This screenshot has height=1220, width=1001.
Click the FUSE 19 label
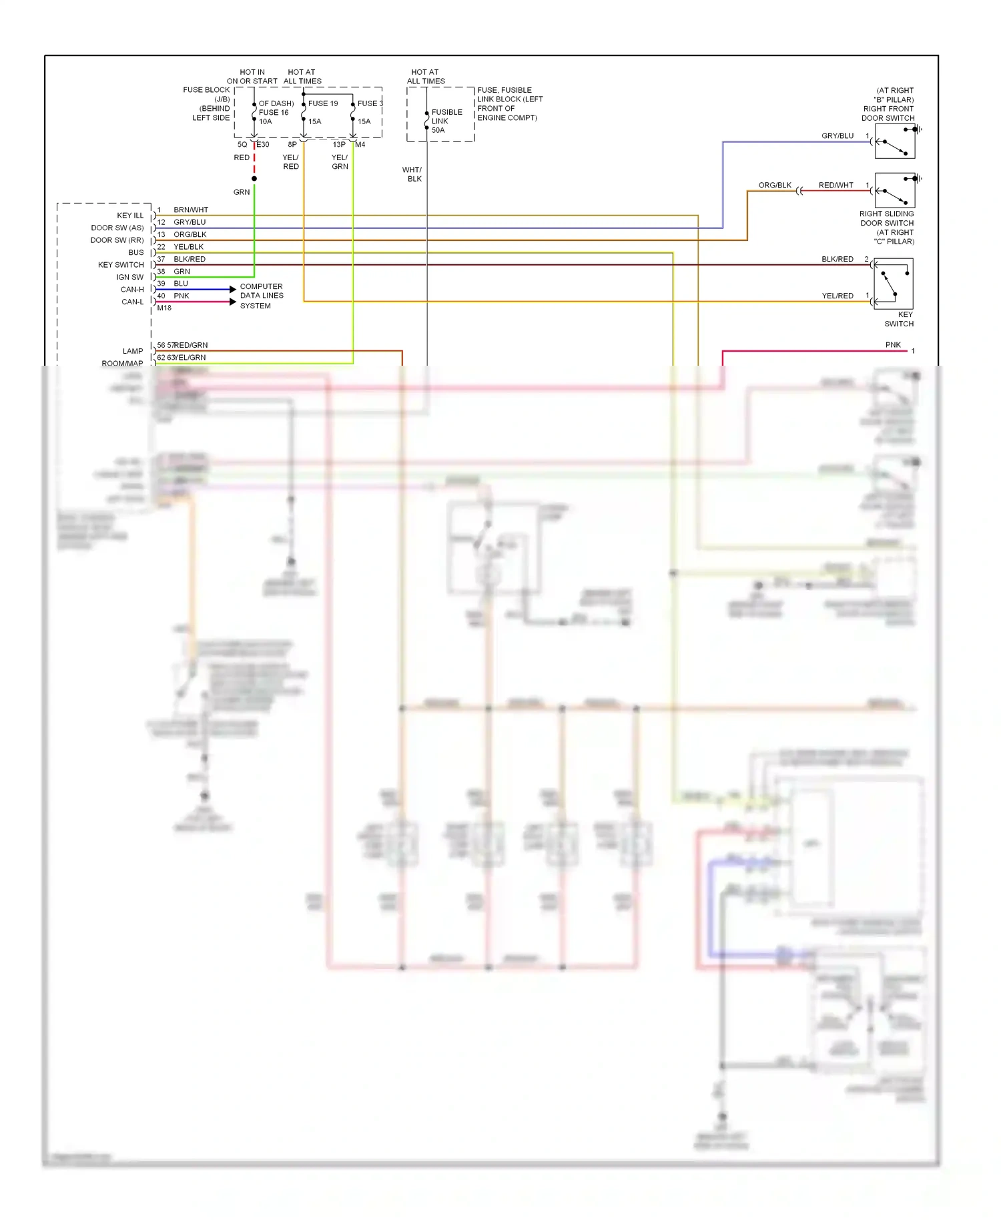click(323, 103)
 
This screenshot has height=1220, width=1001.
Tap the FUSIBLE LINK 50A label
click(446, 121)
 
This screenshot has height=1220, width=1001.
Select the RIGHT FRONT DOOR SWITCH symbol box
click(894, 141)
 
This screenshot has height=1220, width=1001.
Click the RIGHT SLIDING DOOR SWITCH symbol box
click(894, 190)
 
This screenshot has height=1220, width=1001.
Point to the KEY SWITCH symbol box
click(893, 284)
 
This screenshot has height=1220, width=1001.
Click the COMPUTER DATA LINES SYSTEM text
click(262, 296)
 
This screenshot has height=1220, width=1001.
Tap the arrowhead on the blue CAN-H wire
click(232, 289)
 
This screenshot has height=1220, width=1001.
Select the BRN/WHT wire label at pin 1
click(191, 210)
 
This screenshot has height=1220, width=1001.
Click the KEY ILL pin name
click(130, 216)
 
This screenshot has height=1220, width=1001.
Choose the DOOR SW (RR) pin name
click(117, 240)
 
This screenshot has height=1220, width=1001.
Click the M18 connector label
click(164, 308)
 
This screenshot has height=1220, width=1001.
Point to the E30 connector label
click(263, 144)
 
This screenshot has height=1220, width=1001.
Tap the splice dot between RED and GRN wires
click(254, 179)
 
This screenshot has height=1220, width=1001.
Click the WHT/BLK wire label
click(412, 174)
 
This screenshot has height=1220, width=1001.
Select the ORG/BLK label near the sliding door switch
click(774, 185)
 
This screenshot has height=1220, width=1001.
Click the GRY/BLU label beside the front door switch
click(837, 135)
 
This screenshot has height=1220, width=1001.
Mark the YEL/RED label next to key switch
click(837, 296)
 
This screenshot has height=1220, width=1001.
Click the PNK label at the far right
click(893, 344)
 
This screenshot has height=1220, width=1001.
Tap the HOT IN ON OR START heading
click(252, 76)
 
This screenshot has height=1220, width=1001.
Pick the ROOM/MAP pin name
click(122, 363)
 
